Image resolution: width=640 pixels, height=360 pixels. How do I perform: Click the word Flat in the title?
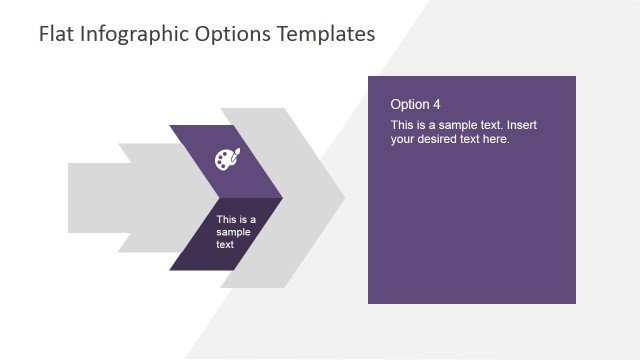point(56,34)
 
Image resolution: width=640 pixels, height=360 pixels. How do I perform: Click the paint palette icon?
point(227,159)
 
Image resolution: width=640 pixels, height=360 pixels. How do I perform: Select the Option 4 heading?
point(415,104)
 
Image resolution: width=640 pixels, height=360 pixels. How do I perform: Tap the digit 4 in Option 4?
point(435,104)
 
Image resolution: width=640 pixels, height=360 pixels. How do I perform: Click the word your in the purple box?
point(403,139)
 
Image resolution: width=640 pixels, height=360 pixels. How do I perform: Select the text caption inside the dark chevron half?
point(236,232)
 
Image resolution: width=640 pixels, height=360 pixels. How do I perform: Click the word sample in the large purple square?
point(450,125)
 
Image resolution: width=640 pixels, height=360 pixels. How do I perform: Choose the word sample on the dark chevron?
point(234,232)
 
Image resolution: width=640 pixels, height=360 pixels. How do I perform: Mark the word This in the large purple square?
point(403,125)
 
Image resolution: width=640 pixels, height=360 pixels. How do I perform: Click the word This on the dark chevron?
point(227,220)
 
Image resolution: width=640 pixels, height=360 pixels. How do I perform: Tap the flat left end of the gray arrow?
point(70,198)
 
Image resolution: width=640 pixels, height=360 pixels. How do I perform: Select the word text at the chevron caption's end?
point(225,244)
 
